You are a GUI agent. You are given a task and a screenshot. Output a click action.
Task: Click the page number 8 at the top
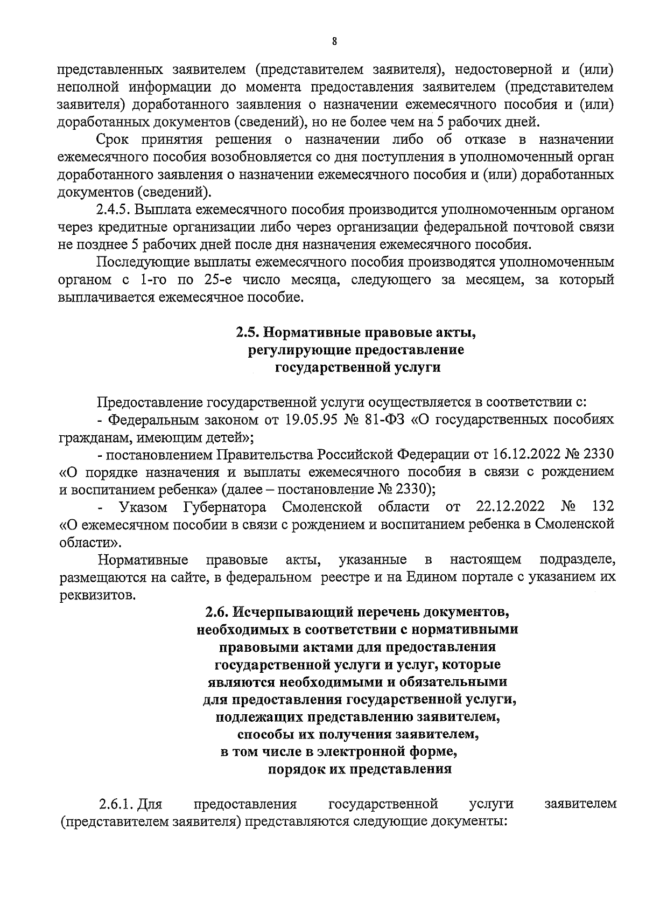click(x=334, y=42)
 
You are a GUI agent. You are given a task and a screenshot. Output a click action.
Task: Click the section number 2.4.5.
click(x=115, y=210)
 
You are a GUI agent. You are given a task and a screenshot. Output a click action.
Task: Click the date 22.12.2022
click(x=510, y=507)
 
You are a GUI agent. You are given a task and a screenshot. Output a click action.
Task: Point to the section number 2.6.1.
click(x=116, y=805)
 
